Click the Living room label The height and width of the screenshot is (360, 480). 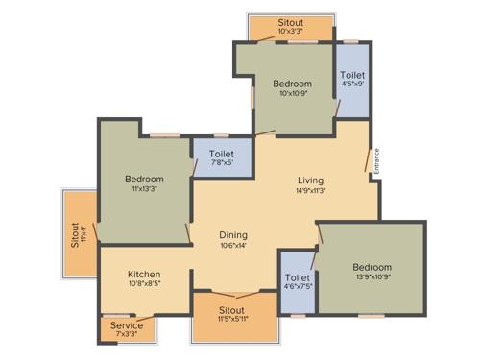(309, 180)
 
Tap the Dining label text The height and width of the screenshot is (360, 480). (233, 233)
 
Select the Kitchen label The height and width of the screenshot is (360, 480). (144, 274)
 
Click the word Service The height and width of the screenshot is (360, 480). (127, 325)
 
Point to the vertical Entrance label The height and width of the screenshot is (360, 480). (377, 158)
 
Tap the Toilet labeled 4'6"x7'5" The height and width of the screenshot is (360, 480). (298, 278)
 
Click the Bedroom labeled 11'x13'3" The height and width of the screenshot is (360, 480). (144, 179)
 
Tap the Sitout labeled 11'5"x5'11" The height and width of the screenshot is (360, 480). (231, 310)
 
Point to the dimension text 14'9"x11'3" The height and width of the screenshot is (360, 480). (309, 190)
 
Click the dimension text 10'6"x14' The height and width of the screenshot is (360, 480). (233, 245)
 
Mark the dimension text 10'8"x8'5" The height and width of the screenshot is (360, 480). (144, 284)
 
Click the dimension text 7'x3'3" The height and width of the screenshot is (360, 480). (127, 335)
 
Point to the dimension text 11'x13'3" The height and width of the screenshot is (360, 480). (144, 189)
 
